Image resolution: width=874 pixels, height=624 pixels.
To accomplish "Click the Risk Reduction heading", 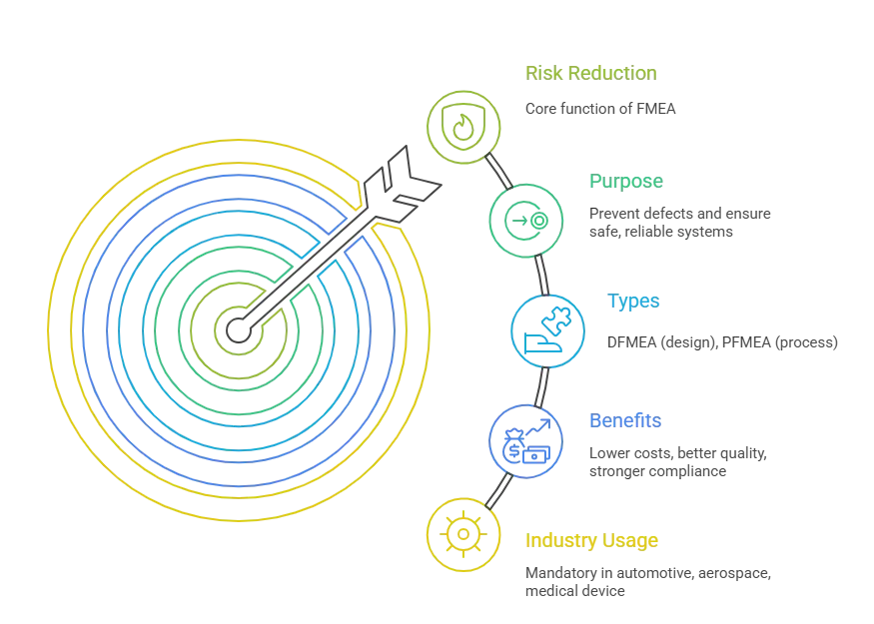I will click(590, 73).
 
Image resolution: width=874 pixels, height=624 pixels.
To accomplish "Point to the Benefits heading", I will click(624, 421).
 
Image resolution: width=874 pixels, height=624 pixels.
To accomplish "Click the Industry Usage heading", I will click(591, 541).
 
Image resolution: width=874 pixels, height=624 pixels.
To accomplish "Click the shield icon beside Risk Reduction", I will click(461, 127).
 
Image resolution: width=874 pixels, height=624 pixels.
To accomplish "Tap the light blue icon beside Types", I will click(545, 330).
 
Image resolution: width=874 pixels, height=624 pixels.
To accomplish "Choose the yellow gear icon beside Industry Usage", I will click(462, 534).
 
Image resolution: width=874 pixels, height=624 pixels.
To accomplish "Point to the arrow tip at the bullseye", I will click(238, 326).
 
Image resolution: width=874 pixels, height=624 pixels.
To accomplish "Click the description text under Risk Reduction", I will click(598, 107).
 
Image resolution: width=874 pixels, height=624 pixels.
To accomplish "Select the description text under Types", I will click(722, 342).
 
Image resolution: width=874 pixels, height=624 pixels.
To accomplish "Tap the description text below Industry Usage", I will click(646, 581).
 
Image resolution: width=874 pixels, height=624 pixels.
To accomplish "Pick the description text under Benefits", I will click(674, 460).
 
